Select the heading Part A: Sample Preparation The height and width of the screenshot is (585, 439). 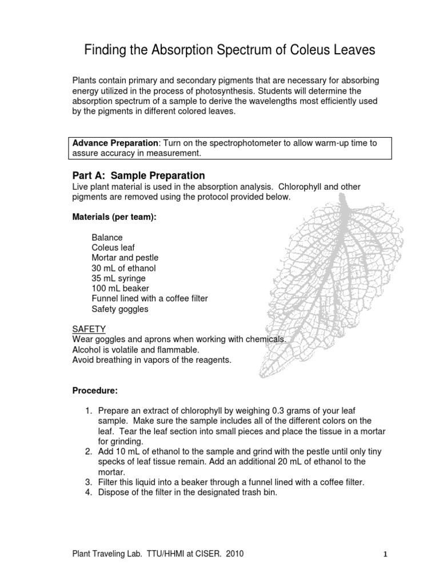point(138,175)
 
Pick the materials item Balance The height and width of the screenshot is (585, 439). point(107,237)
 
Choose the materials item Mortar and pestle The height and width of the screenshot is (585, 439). point(125,258)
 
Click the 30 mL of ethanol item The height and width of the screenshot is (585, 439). point(123,268)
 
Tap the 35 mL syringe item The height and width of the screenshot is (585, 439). point(118,278)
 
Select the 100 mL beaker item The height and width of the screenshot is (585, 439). point(119,289)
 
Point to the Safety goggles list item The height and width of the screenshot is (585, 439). point(119,309)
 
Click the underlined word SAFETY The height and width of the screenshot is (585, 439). point(89,330)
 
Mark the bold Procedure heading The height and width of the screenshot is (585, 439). point(94,391)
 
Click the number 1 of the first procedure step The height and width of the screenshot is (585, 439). point(89,411)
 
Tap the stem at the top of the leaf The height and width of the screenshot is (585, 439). point(343,199)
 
